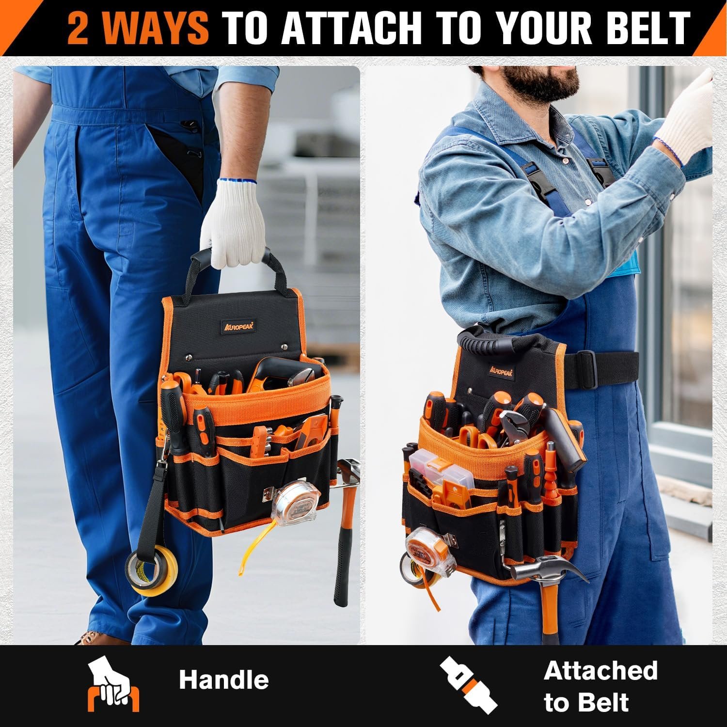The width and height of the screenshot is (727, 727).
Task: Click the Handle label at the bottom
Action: [223, 680]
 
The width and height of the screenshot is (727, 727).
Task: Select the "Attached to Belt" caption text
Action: [600, 686]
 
